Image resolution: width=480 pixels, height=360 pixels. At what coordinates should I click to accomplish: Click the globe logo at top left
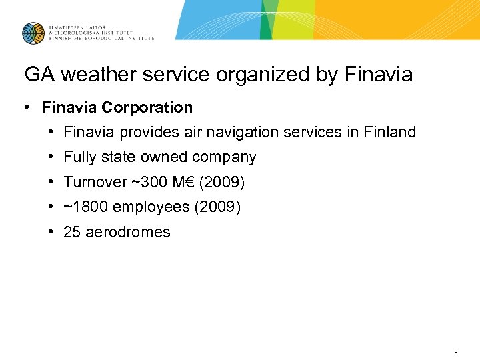pyautogui.click(x=33, y=33)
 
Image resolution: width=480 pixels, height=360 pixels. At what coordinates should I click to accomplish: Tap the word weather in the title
pyautogui.click(x=90, y=75)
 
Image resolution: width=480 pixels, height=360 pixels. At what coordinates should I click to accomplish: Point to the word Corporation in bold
pyautogui.click(x=151, y=107)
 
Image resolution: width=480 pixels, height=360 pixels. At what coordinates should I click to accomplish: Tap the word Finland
pyautogui.click(x=390, y=132)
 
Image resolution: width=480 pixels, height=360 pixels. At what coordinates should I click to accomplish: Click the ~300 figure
pyautogui.click(x=146, y=182)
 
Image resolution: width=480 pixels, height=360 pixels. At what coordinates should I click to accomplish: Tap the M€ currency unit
pyautogui.click(x=180, y=182)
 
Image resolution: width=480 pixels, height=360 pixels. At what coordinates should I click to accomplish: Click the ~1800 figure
pyautogui.click(x=86, y=207)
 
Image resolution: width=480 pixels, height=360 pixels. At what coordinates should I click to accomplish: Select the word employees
pyautogui.click(x=151, y=207)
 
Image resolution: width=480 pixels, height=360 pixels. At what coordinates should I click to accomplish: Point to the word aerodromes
pyautogui.click(x=128, y=232)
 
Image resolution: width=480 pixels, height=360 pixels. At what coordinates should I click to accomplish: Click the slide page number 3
pyautogui.click(x=455, y=350)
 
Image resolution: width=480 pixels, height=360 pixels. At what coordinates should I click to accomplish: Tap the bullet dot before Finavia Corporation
pyautogui.click(x=25, y=107)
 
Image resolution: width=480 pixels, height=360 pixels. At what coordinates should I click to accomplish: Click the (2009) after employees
pyautogui.click(x=217, y=207)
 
